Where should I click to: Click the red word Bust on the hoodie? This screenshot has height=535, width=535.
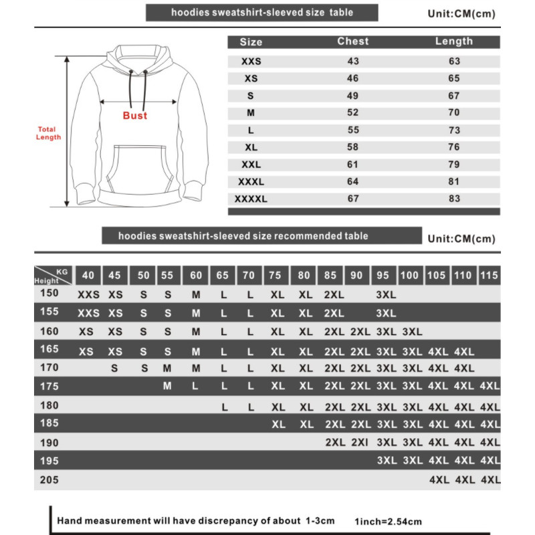click(134, 116)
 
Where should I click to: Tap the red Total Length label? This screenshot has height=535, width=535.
click(47, 133)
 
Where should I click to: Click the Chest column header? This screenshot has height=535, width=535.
click(353, 41)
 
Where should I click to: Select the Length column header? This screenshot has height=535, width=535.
click(454, 41)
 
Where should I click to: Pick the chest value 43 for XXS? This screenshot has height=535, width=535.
click(353, 62)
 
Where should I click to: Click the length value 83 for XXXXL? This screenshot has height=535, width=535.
click(454, 199)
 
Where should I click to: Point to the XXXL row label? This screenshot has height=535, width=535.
click(251, 181)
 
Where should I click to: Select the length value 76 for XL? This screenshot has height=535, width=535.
click(454, 147)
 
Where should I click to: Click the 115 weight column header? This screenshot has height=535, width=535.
click(490, 275)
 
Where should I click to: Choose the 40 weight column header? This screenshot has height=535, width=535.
click(87, 275)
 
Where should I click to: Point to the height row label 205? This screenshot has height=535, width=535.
click(50, 479)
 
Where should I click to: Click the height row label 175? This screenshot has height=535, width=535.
click(50, 385)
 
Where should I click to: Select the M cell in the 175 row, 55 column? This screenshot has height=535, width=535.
click(167, 385)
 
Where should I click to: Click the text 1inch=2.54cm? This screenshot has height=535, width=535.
click(389, 521)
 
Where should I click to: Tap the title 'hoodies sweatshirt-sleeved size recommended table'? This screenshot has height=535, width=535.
click(243, 236)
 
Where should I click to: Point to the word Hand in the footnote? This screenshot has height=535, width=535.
click(69, 520)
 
